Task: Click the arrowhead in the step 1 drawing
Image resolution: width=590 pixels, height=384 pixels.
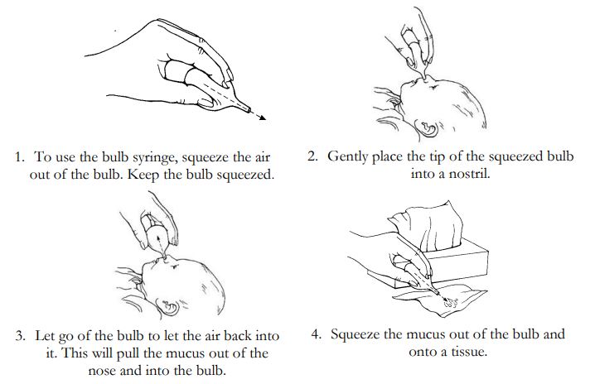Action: click(262, 118)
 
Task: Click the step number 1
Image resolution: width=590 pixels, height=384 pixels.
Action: click(20, 157)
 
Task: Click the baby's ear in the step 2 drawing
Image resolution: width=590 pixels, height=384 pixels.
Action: click(428, 127)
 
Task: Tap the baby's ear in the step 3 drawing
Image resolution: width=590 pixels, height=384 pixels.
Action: click(169, 307)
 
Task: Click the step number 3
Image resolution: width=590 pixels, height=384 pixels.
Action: click(20, 335)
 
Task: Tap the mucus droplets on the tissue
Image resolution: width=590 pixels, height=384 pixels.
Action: click(452, 302)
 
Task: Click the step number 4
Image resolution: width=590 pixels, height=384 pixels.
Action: click(316, 334)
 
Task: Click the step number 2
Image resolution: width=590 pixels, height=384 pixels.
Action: click(312, 156)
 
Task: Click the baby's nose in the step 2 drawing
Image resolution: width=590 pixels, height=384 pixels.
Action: click(425, 78)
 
